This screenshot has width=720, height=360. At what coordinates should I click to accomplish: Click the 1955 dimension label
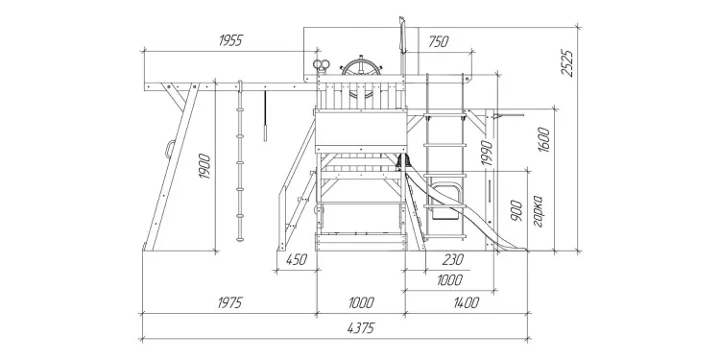coord(230,41)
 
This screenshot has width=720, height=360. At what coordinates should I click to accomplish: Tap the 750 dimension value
coord(438,42)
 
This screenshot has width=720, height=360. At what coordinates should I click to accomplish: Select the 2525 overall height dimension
coord(567,63)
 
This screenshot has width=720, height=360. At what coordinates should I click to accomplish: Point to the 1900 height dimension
coord(204,166)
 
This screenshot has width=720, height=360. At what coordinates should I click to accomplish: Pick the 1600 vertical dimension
coord(543,139)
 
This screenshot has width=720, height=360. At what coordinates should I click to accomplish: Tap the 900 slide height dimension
coord(516,210)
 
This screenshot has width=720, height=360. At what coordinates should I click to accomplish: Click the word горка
coord(539,212)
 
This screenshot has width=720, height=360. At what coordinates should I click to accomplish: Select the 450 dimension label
coord(297,260)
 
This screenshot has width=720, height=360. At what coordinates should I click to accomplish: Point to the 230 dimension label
coord(453,260)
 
